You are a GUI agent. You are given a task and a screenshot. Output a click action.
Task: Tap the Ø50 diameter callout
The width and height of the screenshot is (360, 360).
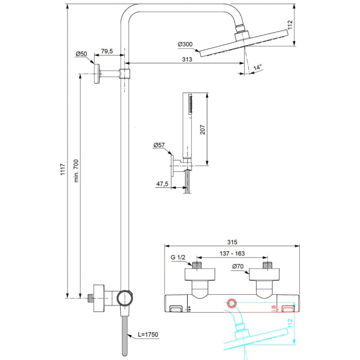(81, 53)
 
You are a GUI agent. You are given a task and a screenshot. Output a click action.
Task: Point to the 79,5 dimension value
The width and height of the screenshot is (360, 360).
(106, 51)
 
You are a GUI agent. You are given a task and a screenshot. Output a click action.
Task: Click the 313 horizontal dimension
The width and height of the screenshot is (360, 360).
(187, 60)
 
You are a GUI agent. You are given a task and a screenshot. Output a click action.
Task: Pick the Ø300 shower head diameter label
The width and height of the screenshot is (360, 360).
(185, 45)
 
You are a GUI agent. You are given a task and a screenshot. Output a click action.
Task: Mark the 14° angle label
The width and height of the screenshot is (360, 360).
(257, 67)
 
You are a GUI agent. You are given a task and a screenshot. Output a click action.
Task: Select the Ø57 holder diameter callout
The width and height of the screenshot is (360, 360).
(159, 146)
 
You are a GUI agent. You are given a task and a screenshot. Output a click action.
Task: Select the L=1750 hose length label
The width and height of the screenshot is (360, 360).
(148, 335)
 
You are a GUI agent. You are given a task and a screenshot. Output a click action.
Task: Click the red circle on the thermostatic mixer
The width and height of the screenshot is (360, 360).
(232, 303)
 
